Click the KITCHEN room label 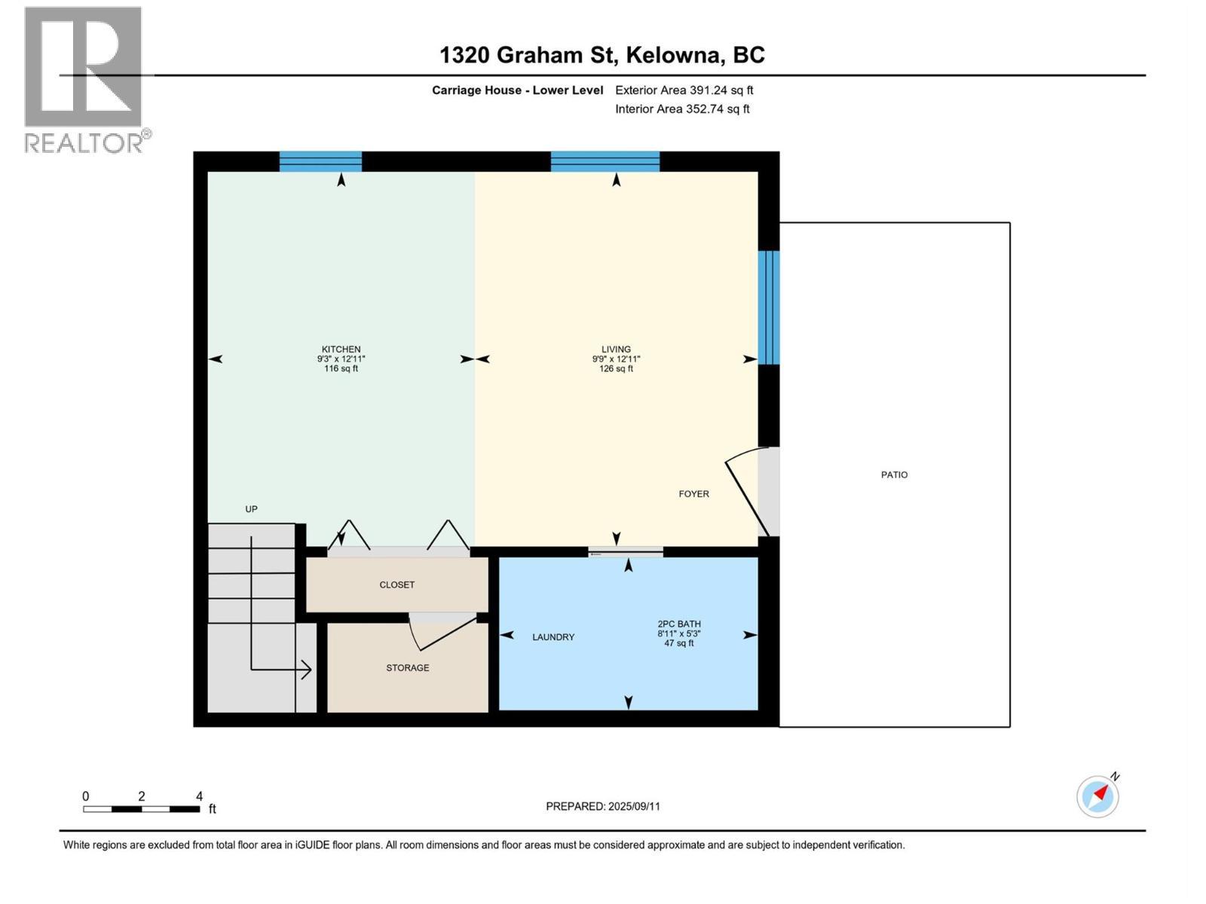341,350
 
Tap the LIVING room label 616,350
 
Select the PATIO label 894,475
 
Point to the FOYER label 693,494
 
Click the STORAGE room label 407,668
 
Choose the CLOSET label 396,585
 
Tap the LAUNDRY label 553,637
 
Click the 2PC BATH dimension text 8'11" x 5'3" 678,634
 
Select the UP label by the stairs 251,509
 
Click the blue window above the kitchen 320,161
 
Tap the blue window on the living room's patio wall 768,307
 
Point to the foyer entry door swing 746,490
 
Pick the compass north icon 1098,796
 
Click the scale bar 141,809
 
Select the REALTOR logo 84,79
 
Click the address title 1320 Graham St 601,55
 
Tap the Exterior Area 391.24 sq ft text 684,90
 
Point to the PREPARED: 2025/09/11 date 602,806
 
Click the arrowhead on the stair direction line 307,669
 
